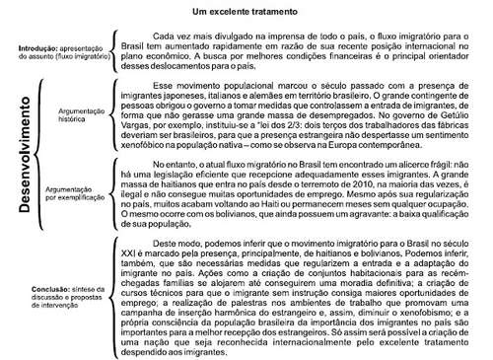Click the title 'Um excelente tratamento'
(x=245, y=13)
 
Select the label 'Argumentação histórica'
(x=77, y=119)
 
